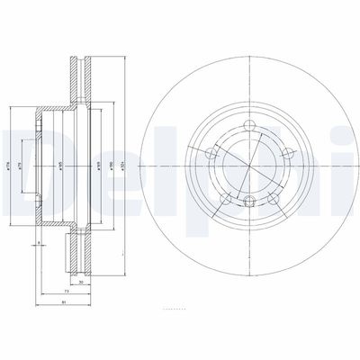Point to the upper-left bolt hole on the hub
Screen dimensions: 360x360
coord(216,155)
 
